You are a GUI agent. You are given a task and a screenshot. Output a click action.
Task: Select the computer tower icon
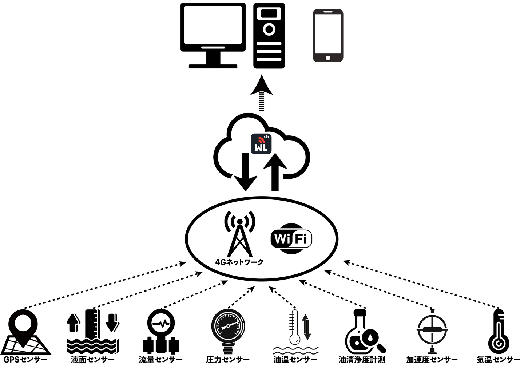pos(269,36)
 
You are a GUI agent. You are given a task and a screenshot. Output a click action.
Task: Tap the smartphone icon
pos(328,36)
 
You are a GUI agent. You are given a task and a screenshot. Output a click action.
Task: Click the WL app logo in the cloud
pos(261,144)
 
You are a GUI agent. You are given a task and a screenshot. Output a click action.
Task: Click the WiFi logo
pos(291,238)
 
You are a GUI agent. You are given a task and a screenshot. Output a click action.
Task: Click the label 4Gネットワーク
pos(239,262)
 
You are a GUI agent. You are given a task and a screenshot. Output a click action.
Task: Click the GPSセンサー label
pos(25,360)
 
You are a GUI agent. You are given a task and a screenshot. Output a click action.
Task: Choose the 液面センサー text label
pos(93,360)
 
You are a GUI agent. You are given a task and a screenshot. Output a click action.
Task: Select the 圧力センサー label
pos(228,360)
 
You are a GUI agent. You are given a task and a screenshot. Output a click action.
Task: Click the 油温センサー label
pos(295,360)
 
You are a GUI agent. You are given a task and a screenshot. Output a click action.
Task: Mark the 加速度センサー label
pos(432,360)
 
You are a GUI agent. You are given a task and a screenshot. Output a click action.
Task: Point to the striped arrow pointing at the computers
pos(262,93)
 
